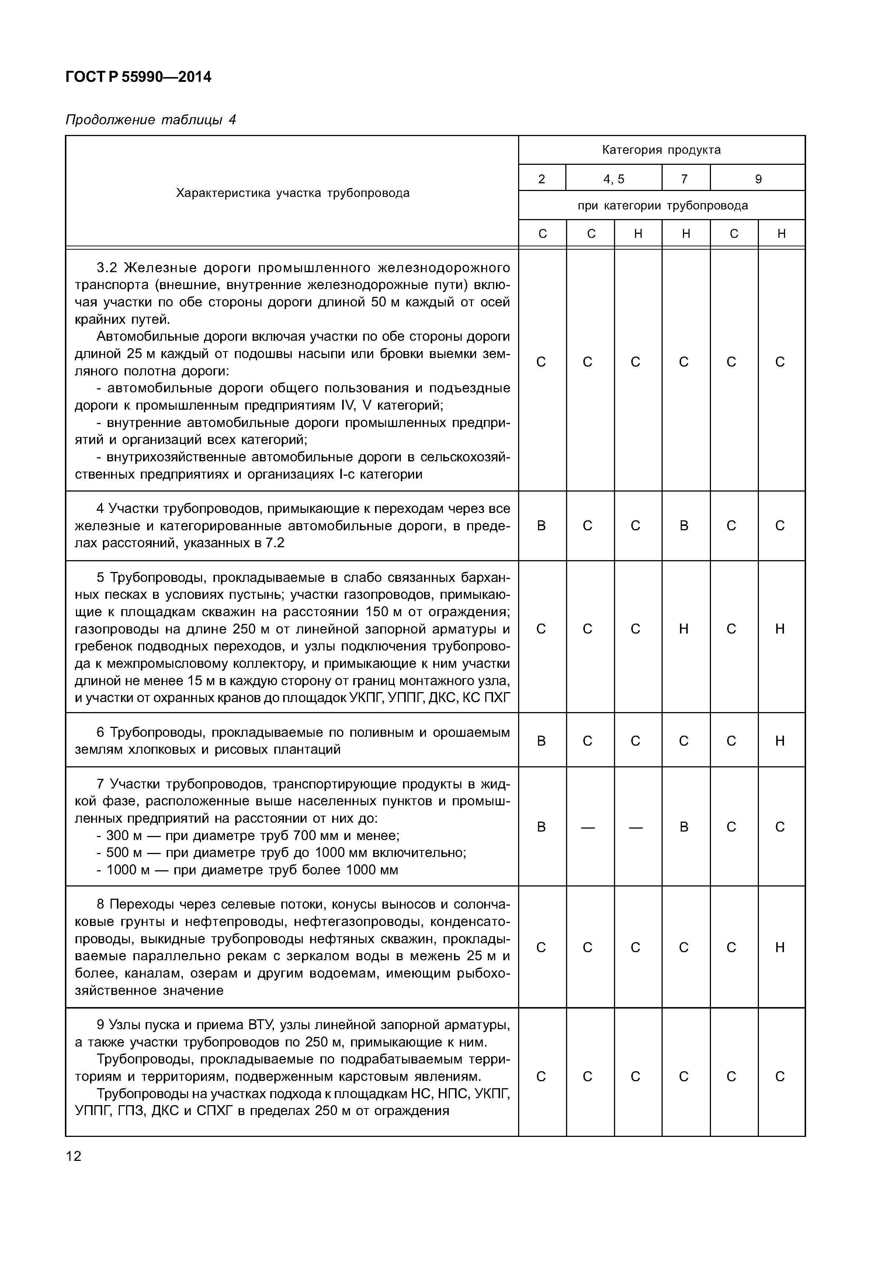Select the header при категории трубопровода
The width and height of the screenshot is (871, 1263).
click(662, 206)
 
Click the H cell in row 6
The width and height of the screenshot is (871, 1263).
click(780, 741)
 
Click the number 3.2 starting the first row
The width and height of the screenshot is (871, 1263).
click(107, 267)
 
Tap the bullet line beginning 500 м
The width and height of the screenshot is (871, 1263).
click(281, 853)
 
